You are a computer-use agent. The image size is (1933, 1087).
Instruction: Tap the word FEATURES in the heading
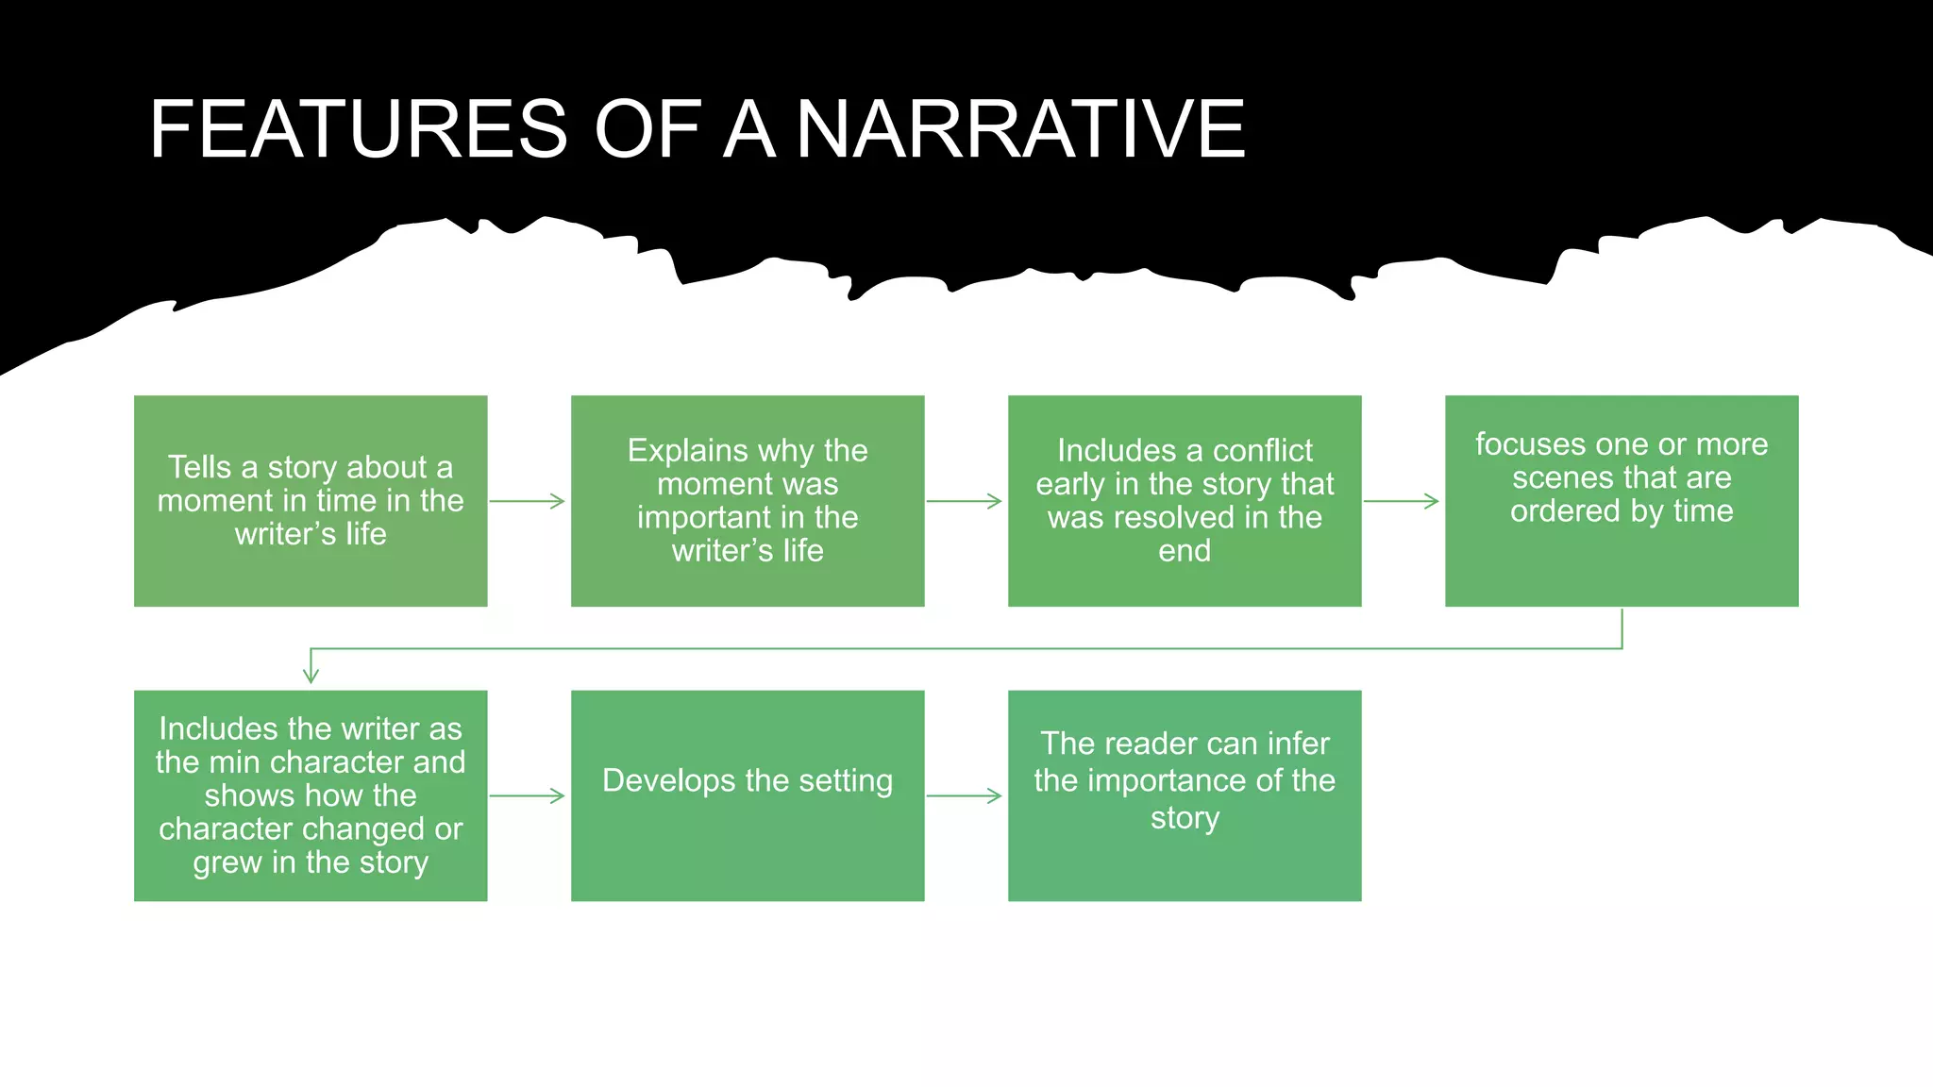click(x=359, y=129)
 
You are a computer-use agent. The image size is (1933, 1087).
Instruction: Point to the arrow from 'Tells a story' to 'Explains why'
click(x=527, y=501)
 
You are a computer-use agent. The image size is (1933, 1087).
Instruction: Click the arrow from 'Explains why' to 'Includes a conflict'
click(x=964, y=501)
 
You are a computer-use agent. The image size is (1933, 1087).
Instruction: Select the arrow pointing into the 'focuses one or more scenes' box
click(x=1401, y=501)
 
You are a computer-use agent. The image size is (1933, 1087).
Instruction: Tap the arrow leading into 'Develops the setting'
click(x=527, y=796)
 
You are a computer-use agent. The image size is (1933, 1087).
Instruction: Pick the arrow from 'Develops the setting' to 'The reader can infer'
click(x=964, y=796)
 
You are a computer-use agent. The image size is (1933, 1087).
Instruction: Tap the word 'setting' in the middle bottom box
click(x=846, y=781)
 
